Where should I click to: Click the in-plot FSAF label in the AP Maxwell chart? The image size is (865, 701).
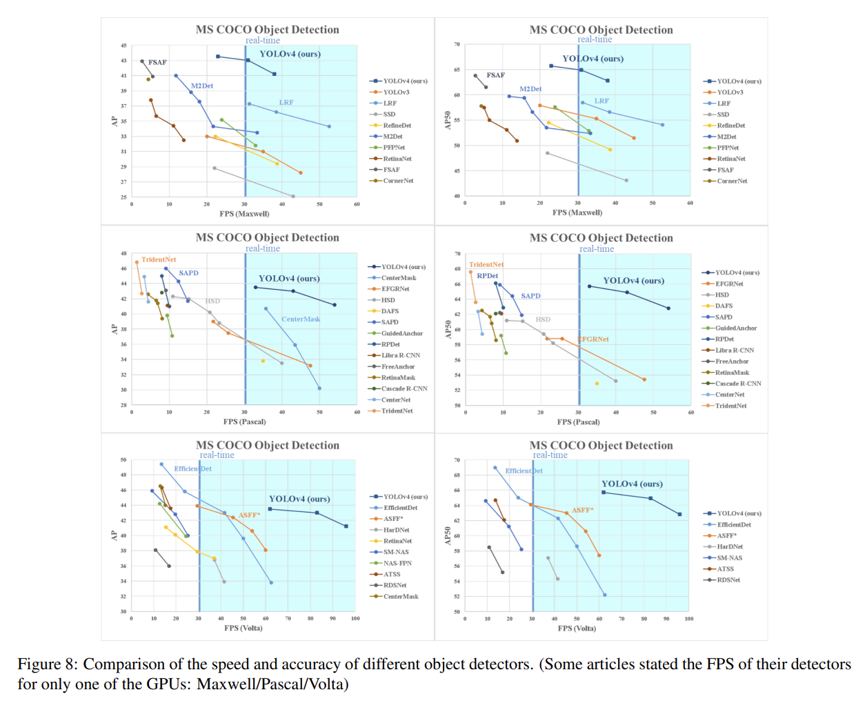click(157, 62)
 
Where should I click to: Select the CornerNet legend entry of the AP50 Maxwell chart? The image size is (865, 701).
click(725, 181)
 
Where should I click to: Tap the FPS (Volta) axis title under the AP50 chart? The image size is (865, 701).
click(577, 628)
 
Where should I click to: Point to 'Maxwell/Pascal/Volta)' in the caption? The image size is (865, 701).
click(272, 684)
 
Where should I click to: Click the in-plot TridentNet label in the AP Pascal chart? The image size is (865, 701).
click(159, 259)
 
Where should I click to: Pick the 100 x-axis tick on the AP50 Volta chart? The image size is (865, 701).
click(688, 619)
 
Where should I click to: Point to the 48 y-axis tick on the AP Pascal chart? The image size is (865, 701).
click(123, 253)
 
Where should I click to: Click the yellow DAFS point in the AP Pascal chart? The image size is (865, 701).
click(263, 361)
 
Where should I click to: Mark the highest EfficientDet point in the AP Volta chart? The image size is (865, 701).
click(161, 464)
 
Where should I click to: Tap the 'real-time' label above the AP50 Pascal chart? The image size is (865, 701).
click(597, 248)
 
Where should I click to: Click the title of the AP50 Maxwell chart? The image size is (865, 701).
click(601, 30)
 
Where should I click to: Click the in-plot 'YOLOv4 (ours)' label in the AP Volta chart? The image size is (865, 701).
click(299, 499)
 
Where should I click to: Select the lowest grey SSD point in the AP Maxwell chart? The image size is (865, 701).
click(292, 196)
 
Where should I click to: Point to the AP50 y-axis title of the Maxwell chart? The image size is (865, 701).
click(448, 120)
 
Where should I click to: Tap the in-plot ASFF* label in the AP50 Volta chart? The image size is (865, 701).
click(582, 510)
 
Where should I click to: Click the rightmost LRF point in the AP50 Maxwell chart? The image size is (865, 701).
click(662, 125)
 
